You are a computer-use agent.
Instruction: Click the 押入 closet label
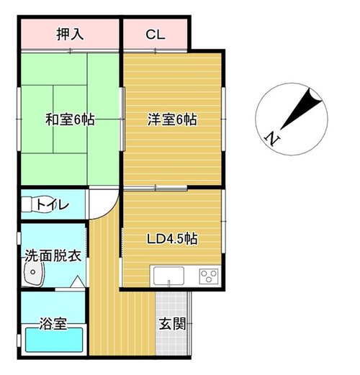(x=70, y=35)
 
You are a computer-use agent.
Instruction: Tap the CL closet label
(x=156, y=35)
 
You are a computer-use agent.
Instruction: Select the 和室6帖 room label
(x=70, y=119)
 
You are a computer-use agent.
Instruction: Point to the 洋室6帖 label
(x=172, y=119)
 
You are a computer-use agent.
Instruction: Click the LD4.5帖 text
(x=172, y=239)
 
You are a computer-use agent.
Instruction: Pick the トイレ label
(x=53, y=205)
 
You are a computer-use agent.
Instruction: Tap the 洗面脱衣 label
(x=53, y=256)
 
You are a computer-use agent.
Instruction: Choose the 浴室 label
(x=53, y=323)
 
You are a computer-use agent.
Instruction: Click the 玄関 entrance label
(x=172, y=324)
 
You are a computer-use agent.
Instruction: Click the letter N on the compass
(x=272, y=138)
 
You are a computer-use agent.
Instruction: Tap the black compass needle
(x=302, y=109)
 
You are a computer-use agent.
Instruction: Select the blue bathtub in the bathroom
(x=54, y=340)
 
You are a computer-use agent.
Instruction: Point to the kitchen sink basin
(x=168, y=275)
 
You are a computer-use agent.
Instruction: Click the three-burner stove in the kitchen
(x=209, y=276)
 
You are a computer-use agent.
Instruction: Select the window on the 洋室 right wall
(x=223, y=119)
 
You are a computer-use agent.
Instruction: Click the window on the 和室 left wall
(x=19, y=119)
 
